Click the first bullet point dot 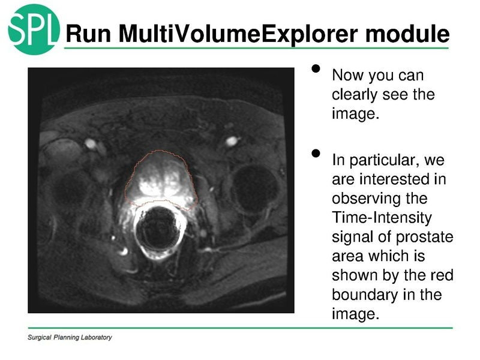point(316,70)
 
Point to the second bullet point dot point(316,155)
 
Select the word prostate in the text point(427,237)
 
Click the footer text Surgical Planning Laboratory point(70,338)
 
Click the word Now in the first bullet point(347,76)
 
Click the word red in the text point(442,275)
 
